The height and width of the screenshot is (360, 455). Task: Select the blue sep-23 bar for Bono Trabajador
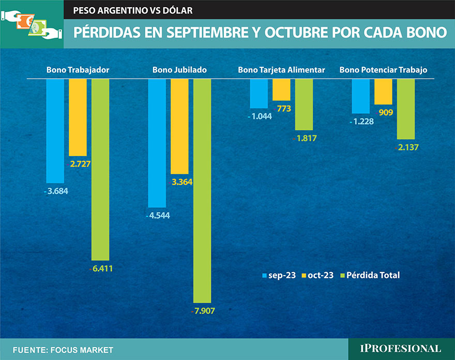coord(55,131)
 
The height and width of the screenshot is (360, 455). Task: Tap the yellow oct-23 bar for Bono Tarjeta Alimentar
coord(281,89)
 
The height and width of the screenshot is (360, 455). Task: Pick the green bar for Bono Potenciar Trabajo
coord(406,109)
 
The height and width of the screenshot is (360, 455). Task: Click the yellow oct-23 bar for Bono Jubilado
coord(179,126)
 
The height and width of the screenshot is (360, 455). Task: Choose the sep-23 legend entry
coord(279,275)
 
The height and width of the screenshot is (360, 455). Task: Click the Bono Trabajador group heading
coord(78,70)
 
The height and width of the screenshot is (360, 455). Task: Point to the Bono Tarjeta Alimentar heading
coord(281,70)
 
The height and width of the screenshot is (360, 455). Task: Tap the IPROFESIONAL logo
coord(400,349)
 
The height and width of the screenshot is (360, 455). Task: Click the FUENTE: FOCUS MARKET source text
coord(63,350)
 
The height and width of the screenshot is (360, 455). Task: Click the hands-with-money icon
coord(31,24)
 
